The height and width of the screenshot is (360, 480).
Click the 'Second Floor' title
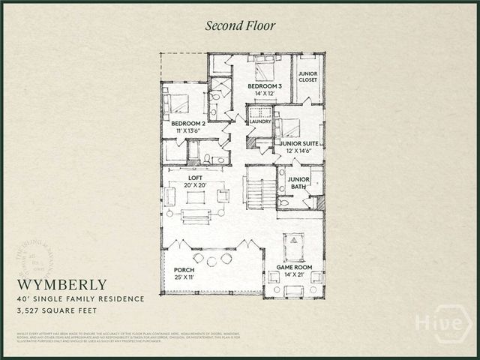point(241,25)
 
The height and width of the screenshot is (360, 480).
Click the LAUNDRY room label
point(259,121)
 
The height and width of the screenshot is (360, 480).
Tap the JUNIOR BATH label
point(299,182)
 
